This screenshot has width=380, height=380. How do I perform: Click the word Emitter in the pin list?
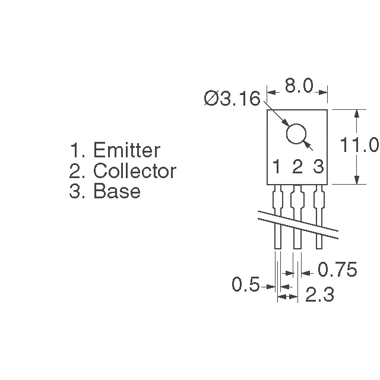pos(126,150)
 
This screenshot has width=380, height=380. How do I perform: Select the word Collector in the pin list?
pos(135,171)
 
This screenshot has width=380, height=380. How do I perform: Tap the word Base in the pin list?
pos(117,191)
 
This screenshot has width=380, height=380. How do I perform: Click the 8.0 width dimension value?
pos(298,86)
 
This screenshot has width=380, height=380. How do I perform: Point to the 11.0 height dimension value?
pos(359,145)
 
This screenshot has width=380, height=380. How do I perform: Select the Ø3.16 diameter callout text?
pos(232,99)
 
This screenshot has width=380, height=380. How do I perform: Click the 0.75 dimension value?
pos(337,270)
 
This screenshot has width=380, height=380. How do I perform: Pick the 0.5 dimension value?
pos(245,286)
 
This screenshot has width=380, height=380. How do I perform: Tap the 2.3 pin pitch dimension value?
pos(319,295)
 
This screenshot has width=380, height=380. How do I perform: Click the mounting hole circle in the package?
pos(297,134)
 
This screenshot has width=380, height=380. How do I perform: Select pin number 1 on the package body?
pos(277,167)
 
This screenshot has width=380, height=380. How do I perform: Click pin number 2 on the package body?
pos(297,167)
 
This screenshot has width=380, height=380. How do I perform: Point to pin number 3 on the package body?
pos(318,167)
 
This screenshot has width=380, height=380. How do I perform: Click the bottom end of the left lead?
pos(277,246)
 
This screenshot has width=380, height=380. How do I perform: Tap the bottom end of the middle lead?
pos(297,246)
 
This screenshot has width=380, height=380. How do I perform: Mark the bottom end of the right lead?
pos(318,246)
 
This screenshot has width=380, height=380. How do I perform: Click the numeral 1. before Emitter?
pos(75,150)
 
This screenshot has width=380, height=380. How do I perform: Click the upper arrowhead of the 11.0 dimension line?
pos(356,113)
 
